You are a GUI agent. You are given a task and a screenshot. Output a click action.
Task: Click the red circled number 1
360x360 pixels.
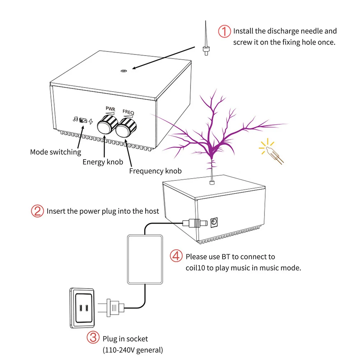click(x=225, y=32)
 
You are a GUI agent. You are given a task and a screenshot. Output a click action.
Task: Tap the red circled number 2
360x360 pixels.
click(x=37, y=211)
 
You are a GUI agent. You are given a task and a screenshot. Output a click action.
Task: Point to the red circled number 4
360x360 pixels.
click(x=176, y=257)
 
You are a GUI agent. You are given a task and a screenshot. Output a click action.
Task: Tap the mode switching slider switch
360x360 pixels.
click(x=83, y=120)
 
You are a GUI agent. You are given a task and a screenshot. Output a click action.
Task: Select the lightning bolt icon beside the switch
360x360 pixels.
click(x=91, y=121)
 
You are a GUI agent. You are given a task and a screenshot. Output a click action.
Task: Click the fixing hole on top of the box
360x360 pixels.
click(x=123, y=71)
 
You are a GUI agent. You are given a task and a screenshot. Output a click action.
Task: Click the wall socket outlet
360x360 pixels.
click(x=83, y=308)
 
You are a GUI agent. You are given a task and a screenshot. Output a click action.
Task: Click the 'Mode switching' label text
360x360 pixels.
click(x=56, y=152)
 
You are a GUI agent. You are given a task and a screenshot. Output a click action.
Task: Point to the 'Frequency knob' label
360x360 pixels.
click(x=155, y=171)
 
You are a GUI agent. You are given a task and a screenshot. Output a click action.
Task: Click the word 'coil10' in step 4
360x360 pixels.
click(x=195, y=268)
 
